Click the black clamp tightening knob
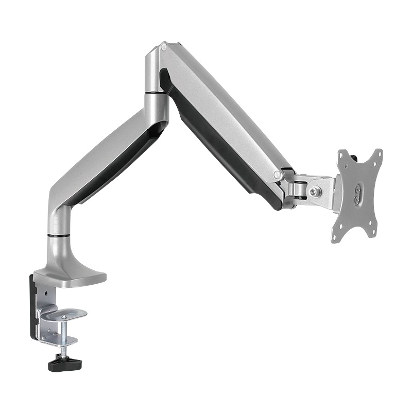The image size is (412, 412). [65, 364]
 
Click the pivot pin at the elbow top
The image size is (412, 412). [164, 47]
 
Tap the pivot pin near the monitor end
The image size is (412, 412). [278, 175]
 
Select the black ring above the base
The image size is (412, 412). [59, 236]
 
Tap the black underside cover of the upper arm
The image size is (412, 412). [227, 149]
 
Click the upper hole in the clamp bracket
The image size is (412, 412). [46, 293]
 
